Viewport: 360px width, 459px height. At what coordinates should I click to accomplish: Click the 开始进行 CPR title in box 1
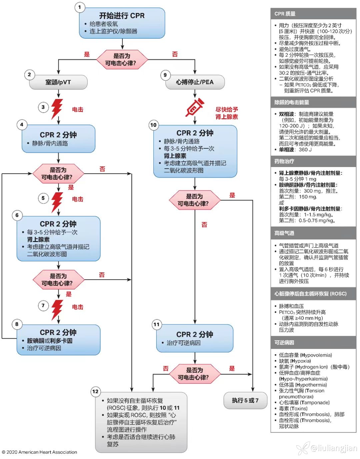122,16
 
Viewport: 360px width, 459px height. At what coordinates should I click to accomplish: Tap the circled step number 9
165,75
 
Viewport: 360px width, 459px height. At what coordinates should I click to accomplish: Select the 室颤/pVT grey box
58,82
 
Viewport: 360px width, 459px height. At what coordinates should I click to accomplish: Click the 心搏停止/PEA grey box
195,82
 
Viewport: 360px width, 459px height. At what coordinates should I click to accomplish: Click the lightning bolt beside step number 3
57,108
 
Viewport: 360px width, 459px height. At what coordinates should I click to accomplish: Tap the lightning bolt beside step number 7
57,309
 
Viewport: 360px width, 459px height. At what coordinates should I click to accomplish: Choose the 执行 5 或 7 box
245,400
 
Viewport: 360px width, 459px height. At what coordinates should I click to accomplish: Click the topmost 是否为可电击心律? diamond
122,60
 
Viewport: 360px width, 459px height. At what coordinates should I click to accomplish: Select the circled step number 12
95,391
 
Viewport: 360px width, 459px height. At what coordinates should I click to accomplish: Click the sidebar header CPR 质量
285,14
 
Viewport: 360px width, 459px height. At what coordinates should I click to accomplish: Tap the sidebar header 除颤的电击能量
292,102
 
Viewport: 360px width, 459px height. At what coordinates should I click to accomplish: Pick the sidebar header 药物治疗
284,161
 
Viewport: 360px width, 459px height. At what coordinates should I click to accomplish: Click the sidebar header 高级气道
284,233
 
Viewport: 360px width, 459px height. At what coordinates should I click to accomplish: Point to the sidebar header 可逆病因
284,343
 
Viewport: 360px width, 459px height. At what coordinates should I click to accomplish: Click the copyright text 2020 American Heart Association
40,452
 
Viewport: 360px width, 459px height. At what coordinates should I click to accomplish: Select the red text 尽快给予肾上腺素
227,113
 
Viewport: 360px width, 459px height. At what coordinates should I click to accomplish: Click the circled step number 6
17,215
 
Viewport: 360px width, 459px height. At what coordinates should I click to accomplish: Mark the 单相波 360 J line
295,150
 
